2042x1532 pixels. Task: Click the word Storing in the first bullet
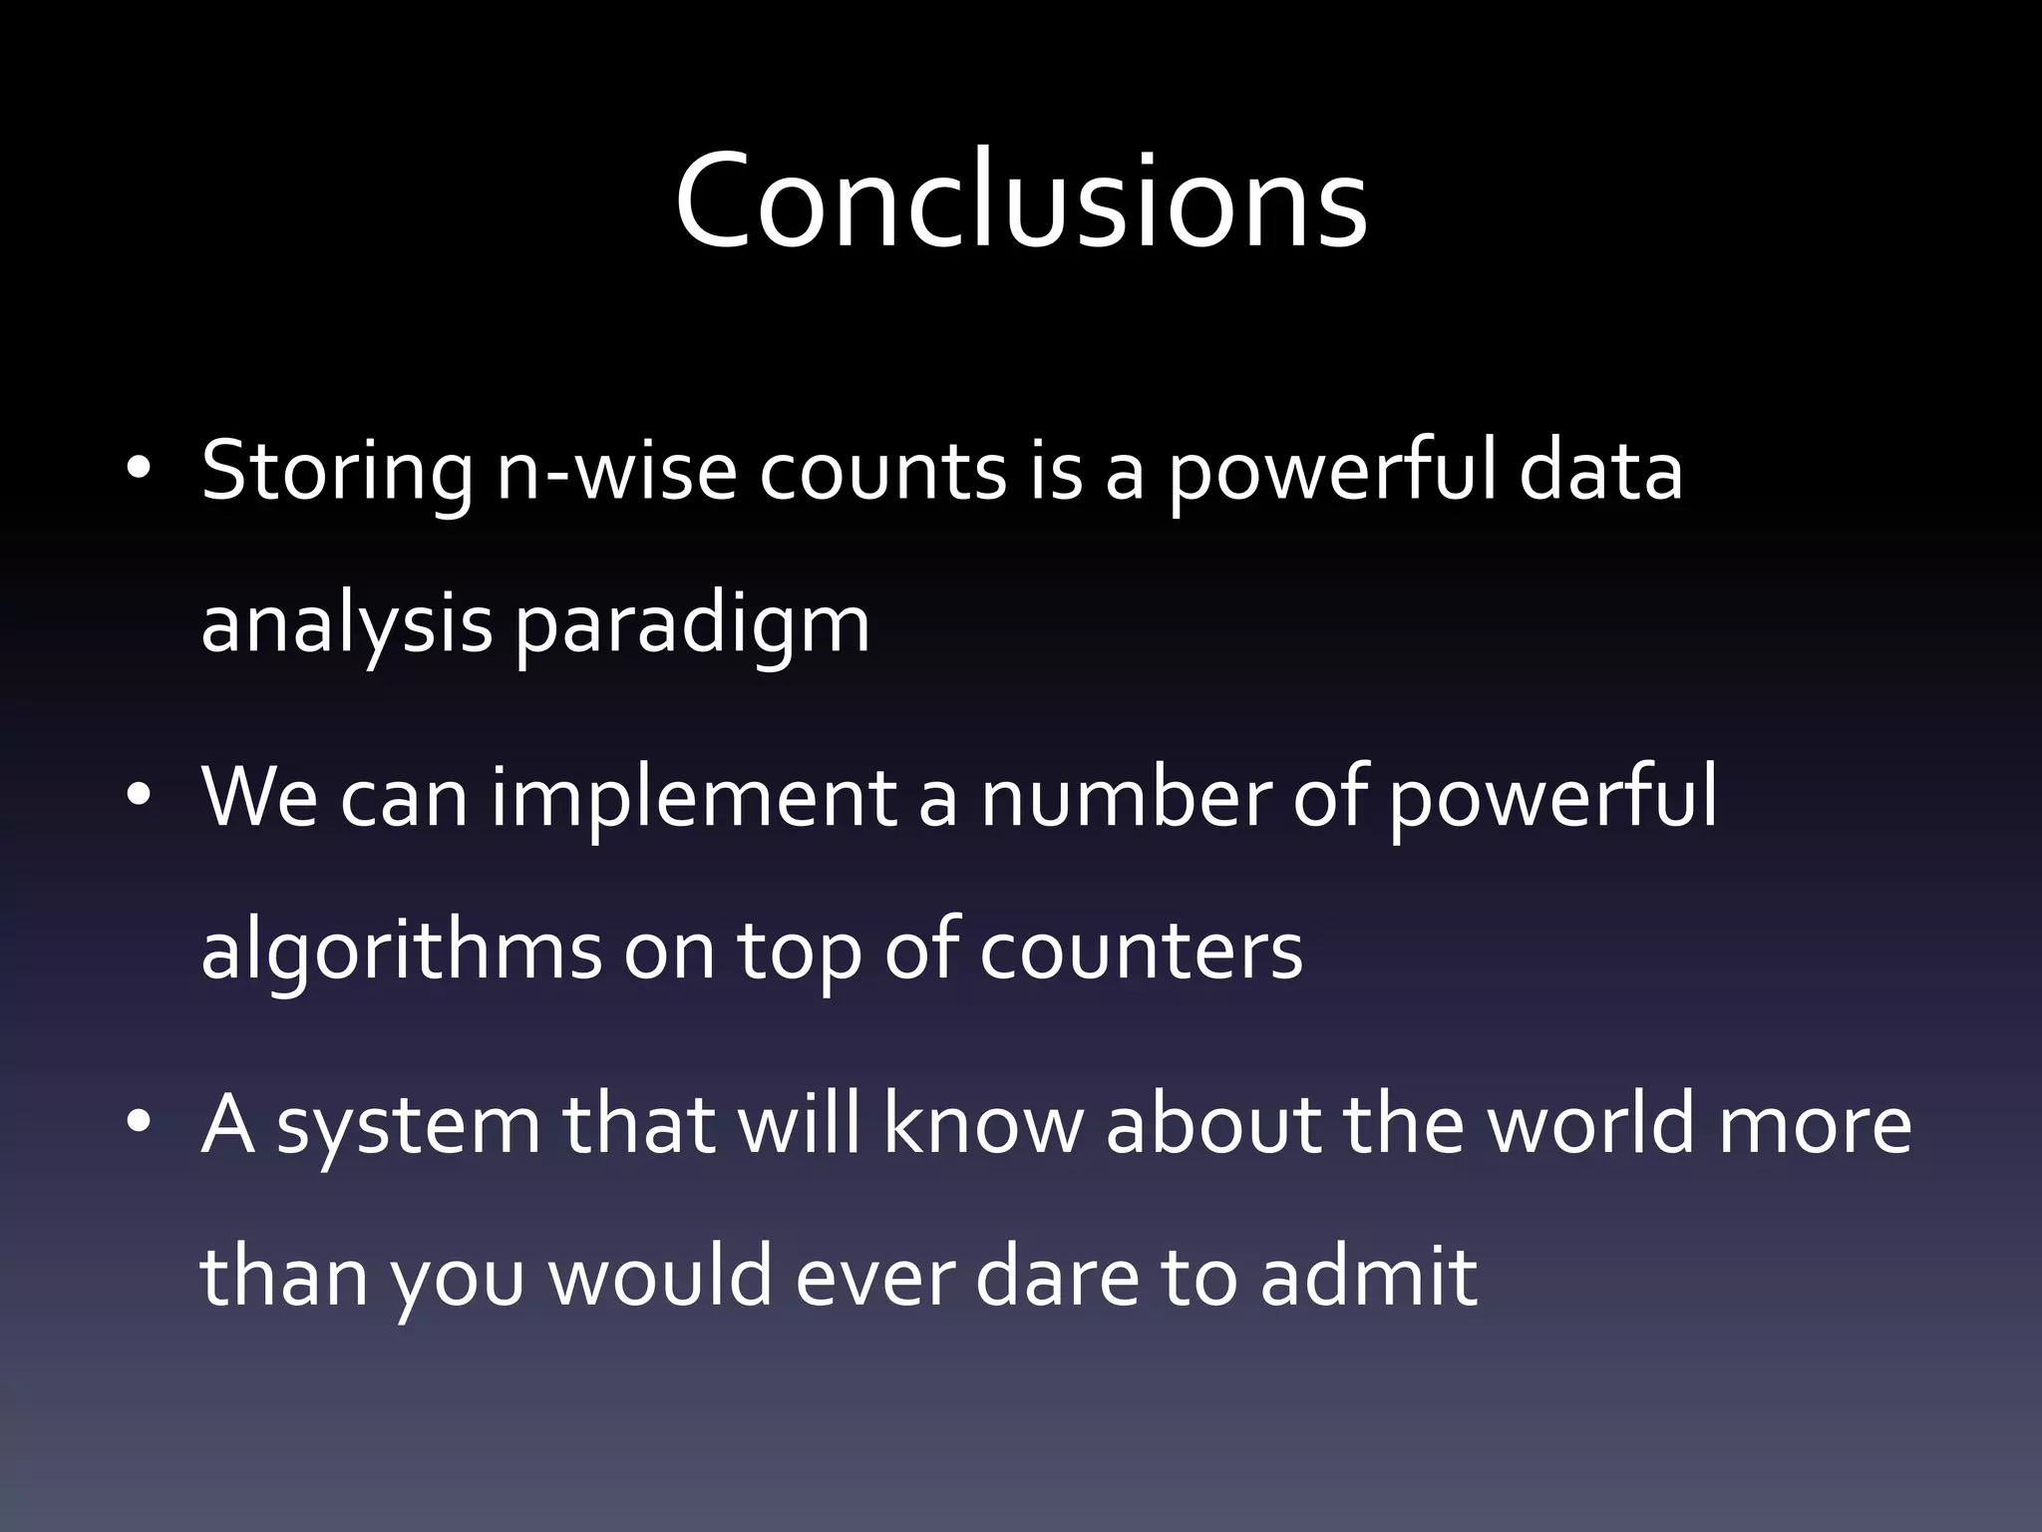337,471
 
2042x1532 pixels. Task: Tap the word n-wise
616,471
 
